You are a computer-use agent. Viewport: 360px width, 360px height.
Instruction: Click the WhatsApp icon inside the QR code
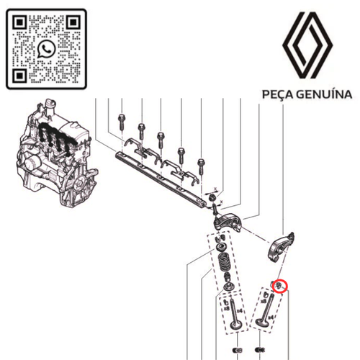48,49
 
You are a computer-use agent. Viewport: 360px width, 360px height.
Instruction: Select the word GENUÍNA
325,94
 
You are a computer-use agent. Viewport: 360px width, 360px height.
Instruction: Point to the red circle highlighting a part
279,287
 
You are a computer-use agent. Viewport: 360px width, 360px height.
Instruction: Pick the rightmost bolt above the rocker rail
201,156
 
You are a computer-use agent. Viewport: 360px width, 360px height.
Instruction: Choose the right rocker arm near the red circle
282,245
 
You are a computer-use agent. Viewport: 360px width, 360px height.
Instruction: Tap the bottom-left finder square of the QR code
22,74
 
